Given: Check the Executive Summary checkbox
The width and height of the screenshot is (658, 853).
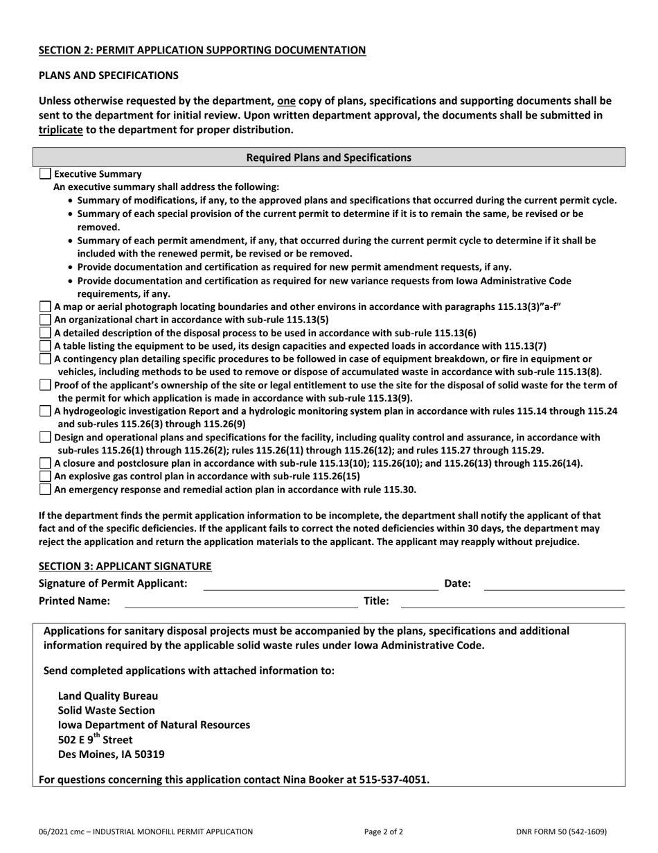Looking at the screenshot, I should click(45, 174).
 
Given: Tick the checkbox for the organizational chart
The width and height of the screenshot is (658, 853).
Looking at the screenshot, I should click(45, 320).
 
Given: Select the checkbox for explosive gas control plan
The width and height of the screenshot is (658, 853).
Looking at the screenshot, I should click(45, 476).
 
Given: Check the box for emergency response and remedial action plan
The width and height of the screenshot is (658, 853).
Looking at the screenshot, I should click(45, 489).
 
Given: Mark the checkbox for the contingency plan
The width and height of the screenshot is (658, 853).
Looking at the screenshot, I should click(45, 359).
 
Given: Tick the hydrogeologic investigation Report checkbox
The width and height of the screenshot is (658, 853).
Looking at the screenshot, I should click(45, 411).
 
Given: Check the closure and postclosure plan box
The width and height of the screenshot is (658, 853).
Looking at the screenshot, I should click(45, 463).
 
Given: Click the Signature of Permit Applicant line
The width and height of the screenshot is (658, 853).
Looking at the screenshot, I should click(320, 584).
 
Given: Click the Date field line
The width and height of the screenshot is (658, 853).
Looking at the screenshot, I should click(553, 584).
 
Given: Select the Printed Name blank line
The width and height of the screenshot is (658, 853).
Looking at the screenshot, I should click(240, 601).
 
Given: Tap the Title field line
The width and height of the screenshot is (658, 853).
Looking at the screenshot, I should click(513, 601).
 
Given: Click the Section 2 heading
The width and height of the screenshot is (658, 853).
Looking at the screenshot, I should click(202, 50).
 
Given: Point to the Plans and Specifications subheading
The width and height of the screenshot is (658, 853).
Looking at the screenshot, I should click(108, 75).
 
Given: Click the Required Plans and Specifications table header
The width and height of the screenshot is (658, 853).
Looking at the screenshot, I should click(329, 157).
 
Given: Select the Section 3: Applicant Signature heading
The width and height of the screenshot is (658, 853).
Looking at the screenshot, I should click(125, 566).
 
